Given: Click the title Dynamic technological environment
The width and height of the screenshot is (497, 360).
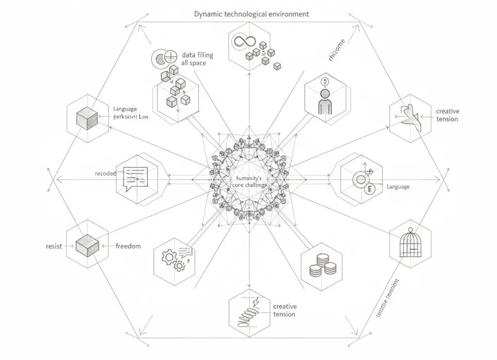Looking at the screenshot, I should [x=251, y=14].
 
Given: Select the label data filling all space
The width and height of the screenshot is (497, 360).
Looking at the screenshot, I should [x=197, y=59].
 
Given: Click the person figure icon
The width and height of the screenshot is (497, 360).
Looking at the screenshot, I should [x=324, y=102].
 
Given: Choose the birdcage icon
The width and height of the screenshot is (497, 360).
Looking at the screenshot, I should [x=410, y=243].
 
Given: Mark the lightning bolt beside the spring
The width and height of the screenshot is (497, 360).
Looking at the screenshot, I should [x=256, y=300].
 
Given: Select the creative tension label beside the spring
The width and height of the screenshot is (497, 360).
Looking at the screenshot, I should [x=284, y=310].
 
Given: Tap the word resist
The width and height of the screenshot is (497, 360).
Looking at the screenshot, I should [x=53, y=246].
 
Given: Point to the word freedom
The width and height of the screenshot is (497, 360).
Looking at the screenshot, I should [x=128, y=246].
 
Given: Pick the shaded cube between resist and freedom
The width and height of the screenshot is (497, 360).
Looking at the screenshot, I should [x=87, y=245].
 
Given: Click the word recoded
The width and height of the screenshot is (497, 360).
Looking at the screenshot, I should [x=105, y=173].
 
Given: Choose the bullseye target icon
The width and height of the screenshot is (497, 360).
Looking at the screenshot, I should [x=361, y=180].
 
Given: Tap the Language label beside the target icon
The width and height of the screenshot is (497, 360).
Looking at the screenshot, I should [x=398, y=187].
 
